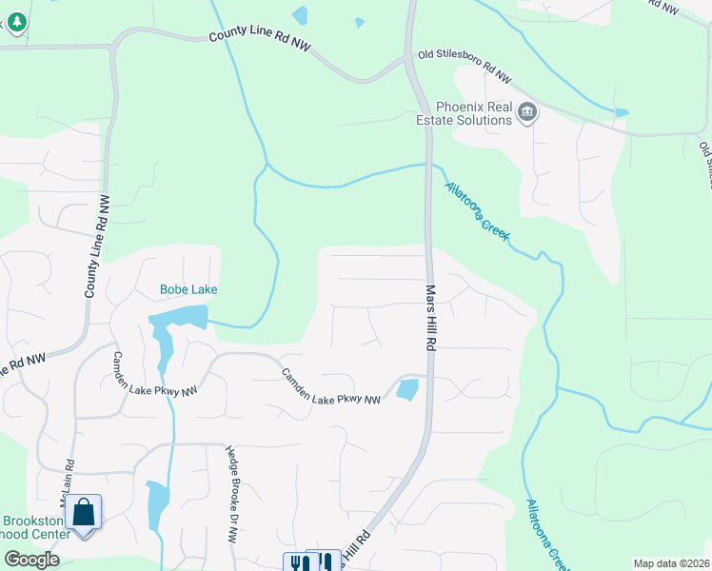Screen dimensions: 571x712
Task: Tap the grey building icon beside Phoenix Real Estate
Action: (x=525, y=114)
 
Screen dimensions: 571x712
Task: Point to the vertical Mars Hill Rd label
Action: (x=430, y=319)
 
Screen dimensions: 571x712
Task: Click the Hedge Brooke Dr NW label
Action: (x=230, y=494)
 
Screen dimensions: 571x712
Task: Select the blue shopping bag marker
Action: (x=83, y=513)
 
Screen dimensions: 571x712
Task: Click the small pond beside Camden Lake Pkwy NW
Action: (x=406, y=389)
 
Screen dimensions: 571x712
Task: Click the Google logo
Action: (x=31, y=560)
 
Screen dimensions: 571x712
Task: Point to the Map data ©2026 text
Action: (x=671, y=563)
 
